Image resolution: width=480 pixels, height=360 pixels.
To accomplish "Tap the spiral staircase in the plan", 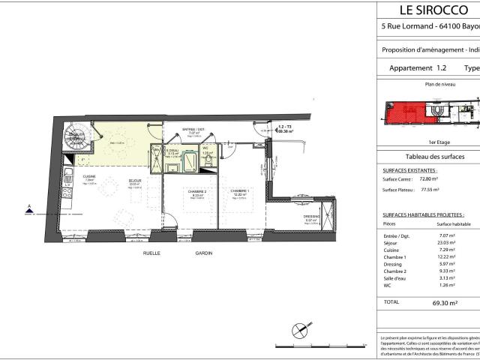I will tap(77, 136).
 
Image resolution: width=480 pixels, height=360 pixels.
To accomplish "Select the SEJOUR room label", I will tap(135, 181).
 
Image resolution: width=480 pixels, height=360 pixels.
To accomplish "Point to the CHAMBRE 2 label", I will tap(197, 191).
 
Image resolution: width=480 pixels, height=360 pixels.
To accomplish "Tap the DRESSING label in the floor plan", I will tap(311, 217).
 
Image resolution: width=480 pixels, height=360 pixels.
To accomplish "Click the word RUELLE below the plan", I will tap(154, 253).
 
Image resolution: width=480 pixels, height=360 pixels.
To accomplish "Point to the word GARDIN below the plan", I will tap(203, 253).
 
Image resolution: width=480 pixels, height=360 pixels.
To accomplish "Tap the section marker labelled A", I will tap(29, 211).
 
